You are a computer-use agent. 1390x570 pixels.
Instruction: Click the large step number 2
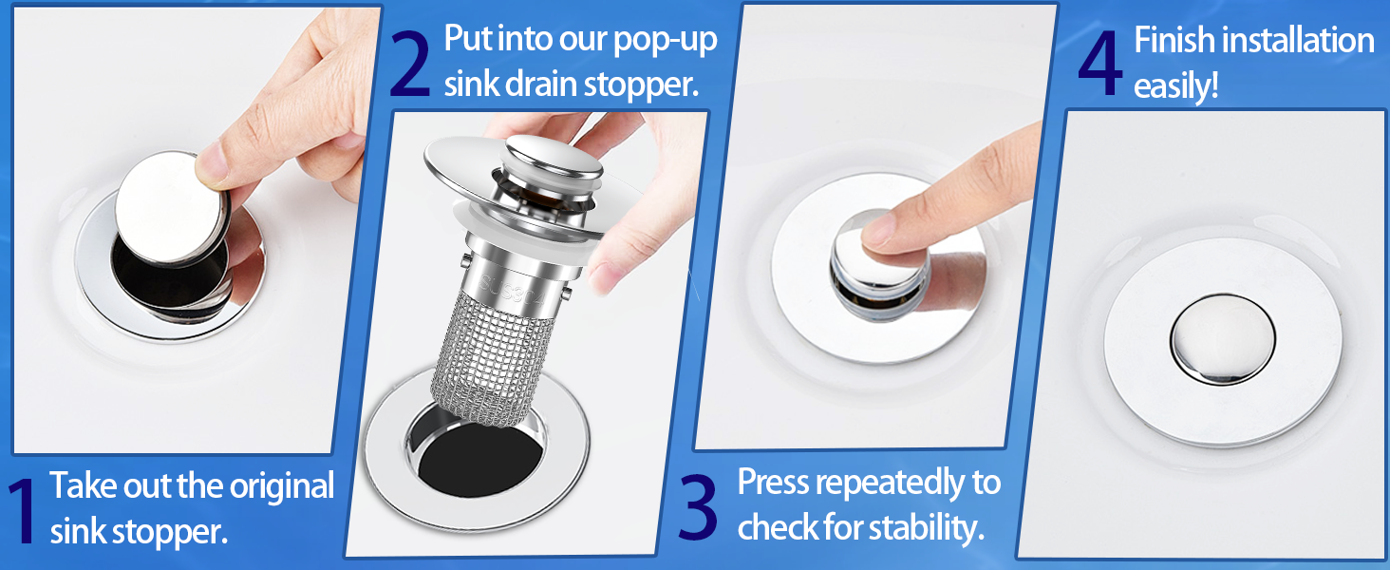410,64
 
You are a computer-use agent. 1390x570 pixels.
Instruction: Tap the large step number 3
698,507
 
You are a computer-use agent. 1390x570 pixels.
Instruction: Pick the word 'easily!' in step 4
1176,86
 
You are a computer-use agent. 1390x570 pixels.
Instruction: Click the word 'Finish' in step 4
1174,41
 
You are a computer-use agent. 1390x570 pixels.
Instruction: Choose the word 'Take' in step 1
84,486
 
